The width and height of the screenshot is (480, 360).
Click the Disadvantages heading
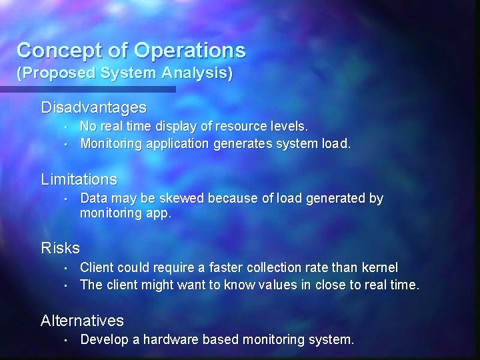[93, 107]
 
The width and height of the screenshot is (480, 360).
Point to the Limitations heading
[79, 179]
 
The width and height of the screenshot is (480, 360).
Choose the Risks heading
[60, 248]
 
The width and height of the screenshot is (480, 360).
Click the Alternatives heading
[82, 321]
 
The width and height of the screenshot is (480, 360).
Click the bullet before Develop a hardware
[69, 340]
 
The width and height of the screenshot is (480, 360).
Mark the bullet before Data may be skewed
[69, 199]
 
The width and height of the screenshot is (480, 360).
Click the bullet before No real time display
[69, 125]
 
